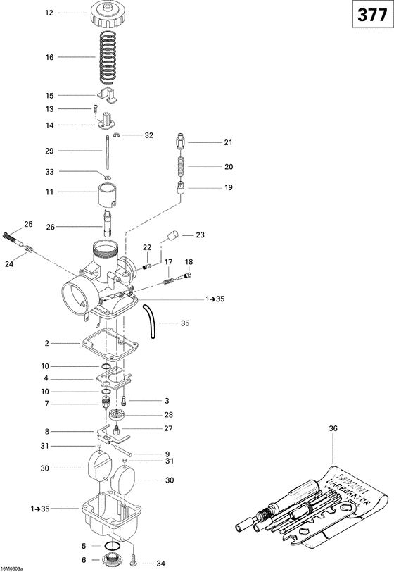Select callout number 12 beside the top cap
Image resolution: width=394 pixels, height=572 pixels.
tap(49, 13)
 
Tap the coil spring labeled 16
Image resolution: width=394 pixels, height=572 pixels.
tap(107, 56)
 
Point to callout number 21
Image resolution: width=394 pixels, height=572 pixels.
tap(227, 142)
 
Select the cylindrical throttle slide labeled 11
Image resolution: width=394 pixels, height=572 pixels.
tap(108, 192)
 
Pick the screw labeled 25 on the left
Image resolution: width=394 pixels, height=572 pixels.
tap(11, 235)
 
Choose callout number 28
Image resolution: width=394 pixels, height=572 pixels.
tap(168, 414)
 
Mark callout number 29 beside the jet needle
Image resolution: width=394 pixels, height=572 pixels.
tap(49, 151)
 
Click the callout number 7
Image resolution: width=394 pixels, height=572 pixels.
tap(46, 404)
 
